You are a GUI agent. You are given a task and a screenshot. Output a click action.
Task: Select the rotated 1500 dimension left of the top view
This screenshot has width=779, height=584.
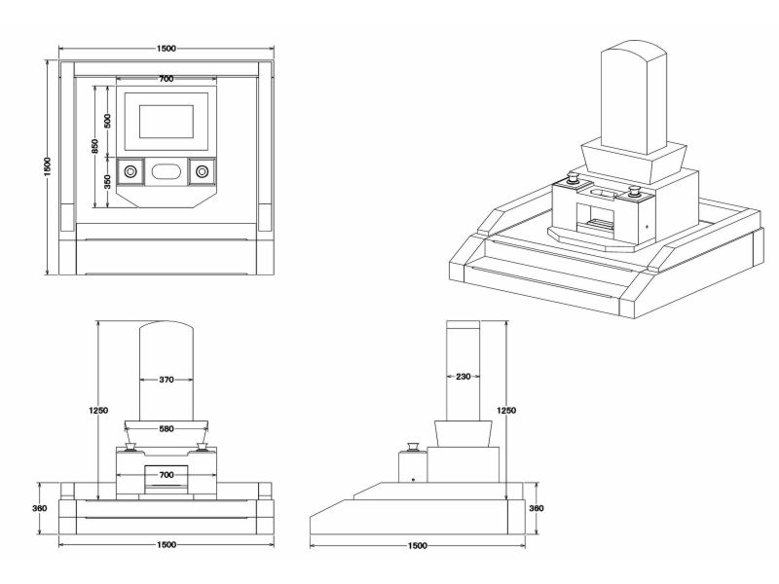point(48,167)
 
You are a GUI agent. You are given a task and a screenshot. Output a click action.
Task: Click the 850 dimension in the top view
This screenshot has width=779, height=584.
point(94,146)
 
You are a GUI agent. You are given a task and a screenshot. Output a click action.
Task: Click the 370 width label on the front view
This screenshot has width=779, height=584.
point(166,380)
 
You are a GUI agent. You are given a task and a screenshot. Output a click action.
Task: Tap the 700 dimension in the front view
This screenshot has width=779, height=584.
point(166,474)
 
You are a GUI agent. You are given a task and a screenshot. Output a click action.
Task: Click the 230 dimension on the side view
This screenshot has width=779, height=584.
point(464,376)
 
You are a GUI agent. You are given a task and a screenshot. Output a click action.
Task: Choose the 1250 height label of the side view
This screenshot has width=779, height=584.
point(507,411)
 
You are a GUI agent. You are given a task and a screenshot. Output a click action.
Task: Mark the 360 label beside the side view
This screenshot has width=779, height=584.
point(535,508)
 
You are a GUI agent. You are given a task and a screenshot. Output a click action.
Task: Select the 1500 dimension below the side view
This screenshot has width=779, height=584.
point(419,545)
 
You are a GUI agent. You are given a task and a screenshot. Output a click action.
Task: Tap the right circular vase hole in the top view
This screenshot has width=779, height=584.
point(202,171)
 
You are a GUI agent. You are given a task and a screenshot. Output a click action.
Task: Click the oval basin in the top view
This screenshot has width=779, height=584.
point(166,171)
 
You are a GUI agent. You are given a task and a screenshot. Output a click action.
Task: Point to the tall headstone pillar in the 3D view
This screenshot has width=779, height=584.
point(634,97)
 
